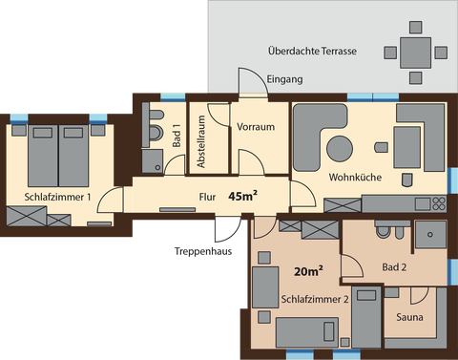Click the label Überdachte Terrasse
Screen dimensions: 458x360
312,51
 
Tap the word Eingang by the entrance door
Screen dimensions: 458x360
284,79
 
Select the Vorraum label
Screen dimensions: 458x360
256,127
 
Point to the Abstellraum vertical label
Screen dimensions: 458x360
201,141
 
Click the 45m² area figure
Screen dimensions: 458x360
242,196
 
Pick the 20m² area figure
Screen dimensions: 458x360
308,271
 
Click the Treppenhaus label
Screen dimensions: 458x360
203,251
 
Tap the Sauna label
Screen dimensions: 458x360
409,317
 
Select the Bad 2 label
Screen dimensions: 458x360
394,267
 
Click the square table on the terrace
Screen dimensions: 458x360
415,53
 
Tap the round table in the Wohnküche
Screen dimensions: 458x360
340,149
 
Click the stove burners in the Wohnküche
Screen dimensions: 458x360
439,203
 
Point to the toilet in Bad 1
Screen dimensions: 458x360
156,133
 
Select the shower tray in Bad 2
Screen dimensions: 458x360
430,235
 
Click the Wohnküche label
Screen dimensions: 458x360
355,177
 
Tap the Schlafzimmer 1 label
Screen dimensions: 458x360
57,197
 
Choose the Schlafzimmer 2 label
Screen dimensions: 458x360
315,299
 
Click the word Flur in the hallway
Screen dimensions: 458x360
207,197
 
